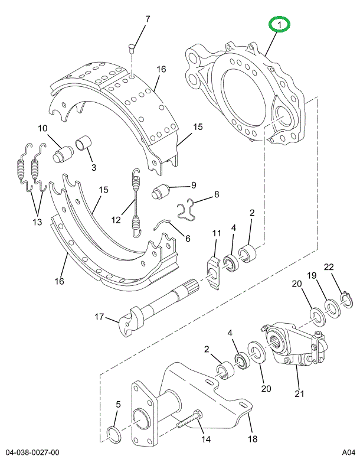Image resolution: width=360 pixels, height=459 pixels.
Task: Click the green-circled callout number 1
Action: click(x=280, y=25)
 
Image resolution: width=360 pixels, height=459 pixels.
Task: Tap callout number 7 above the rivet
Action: click(x=148, y=19)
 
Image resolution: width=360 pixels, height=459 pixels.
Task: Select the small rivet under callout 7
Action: click(x=131, y=48)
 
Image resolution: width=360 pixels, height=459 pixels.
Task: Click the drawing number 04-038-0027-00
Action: click(x=32, y=453)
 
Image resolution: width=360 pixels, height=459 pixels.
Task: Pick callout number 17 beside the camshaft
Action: click(x=99, y=317)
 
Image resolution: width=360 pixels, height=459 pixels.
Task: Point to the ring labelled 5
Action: click(x=114, y=435)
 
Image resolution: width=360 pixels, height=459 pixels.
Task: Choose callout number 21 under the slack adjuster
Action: click(x=299, y=393)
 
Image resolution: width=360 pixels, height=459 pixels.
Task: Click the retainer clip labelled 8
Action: click(x=187, y=210)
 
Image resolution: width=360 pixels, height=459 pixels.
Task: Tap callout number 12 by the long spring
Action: click(x=116, y=219)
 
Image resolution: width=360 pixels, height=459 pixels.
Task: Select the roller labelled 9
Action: click(x=161, y=191)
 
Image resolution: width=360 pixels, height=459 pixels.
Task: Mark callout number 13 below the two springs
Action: click(x=37, y=222)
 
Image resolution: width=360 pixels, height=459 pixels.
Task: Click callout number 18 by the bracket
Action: click(x=253, y=438)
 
